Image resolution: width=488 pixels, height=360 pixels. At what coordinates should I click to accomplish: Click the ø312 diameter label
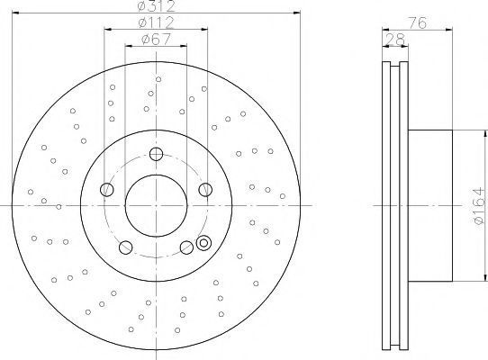click(x=157, y=5)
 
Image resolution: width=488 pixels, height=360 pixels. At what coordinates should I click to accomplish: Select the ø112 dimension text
click(x=157, y=22)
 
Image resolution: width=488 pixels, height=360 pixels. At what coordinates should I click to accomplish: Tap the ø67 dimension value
click(x=157, y=40)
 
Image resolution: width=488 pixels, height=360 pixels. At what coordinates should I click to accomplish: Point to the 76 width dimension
click(x=417, y=23)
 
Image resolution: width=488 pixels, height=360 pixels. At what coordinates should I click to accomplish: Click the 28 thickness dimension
click(x=395, y=40)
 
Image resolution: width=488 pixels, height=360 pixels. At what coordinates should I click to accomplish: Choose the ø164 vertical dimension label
click(x=480, y=206)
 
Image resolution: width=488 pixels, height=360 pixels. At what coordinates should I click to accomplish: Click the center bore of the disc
click(x=157, y=206)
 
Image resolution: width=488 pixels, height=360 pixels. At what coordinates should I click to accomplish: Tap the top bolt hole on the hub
click(x=157, y=154)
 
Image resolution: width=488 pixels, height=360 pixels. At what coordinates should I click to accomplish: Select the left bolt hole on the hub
click(x=107, y=190)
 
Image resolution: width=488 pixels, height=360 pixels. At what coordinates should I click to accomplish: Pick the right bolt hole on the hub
click(x=205, y=190)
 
